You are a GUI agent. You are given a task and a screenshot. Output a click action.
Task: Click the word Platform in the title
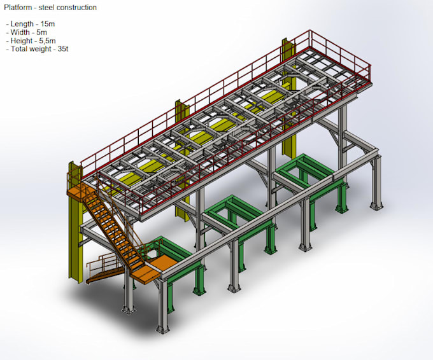click(18, 8)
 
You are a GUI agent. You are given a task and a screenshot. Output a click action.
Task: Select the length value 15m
click(48, 24)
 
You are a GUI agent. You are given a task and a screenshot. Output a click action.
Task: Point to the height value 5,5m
click(47, 41)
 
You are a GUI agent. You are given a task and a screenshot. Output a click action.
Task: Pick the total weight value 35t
click(63, 49)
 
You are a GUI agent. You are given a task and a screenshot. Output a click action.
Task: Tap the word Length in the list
click(22, 24)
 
